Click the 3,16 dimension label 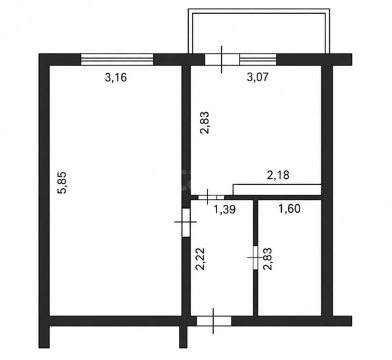tap(116, 77)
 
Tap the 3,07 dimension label tap(258, 77)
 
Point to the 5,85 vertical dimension tap(62, 182)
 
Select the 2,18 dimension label tap(278, 175)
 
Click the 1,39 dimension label tap(224, 209)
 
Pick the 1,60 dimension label tap(289, 208)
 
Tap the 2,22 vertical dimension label tap(201, 259)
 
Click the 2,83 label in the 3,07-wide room tap(205, 123)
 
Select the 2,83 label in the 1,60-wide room tap(268, 259)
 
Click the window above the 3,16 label tap(117, 59)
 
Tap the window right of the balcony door tap(258, 59)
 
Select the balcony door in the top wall tap(222, 59)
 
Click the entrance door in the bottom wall tap(214, 321)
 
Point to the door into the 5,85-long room tap(186, 223)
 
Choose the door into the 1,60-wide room tap(255, 258)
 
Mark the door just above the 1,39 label tap(211, 198)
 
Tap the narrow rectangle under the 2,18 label tap(277, 190)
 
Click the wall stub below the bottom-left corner tap(44, 337)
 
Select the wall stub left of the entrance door tap(183, 337)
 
